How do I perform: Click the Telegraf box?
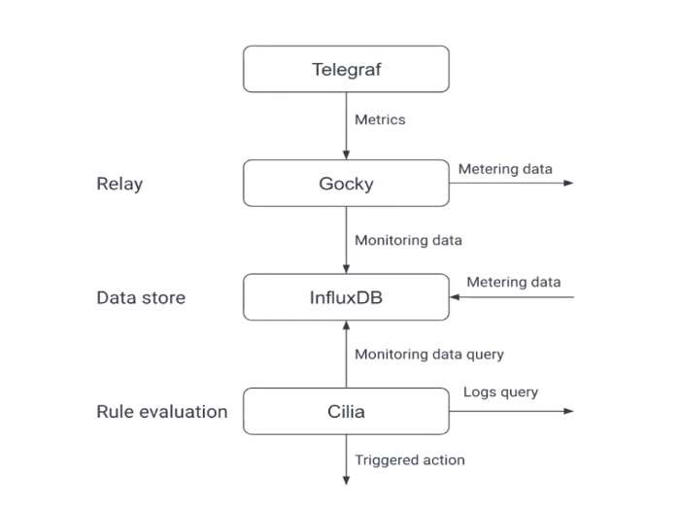click(346, 69)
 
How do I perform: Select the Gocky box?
click(346, 184)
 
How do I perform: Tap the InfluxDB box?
click(346, 297)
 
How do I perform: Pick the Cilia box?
click(346, 411)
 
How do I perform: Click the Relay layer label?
click(119, 184)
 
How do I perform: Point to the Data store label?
click(141, 297)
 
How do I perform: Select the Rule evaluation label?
click(161, 411)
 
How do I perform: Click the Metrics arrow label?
click(380, 119)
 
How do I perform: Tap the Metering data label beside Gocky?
click(505, 169)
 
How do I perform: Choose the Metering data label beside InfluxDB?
click(513, 283)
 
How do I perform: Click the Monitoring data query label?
click(429, 355)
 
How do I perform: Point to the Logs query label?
click(500, 391)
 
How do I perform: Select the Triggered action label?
click(410, 459)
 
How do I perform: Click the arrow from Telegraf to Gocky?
click(346, 126)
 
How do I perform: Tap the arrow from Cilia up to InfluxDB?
click(346, 354)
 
